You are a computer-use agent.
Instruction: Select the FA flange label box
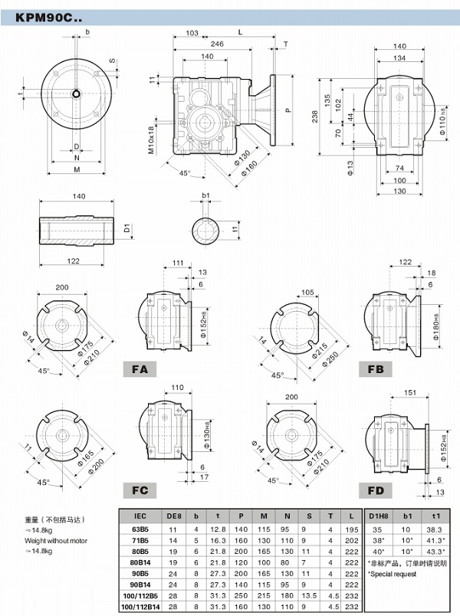[x=140, y=369]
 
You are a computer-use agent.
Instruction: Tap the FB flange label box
[x=376, y=369]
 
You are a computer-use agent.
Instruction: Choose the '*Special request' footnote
[x=393, y=574]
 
